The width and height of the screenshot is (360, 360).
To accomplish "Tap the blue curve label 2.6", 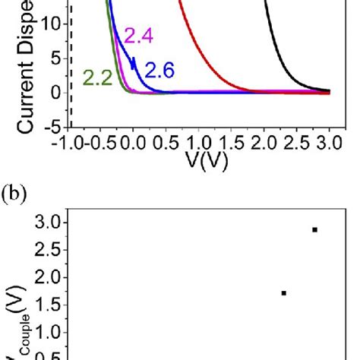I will coord(159,71).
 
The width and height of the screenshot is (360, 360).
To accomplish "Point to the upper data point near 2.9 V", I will coord(314,229).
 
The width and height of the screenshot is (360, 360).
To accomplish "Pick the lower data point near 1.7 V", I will coord(283,292).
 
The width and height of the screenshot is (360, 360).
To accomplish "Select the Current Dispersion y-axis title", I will coord(15,68).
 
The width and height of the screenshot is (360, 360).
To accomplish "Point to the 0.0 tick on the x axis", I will coord(132,143).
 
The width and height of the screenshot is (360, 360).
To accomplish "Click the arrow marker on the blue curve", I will coord(134,64).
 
